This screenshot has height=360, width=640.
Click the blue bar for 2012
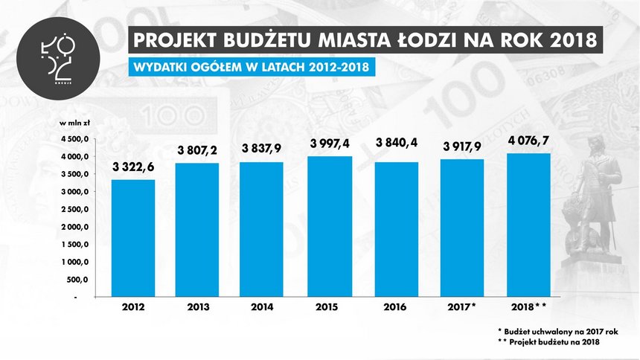click(132, 238)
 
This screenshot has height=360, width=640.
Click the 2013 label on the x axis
click(198, 306)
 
